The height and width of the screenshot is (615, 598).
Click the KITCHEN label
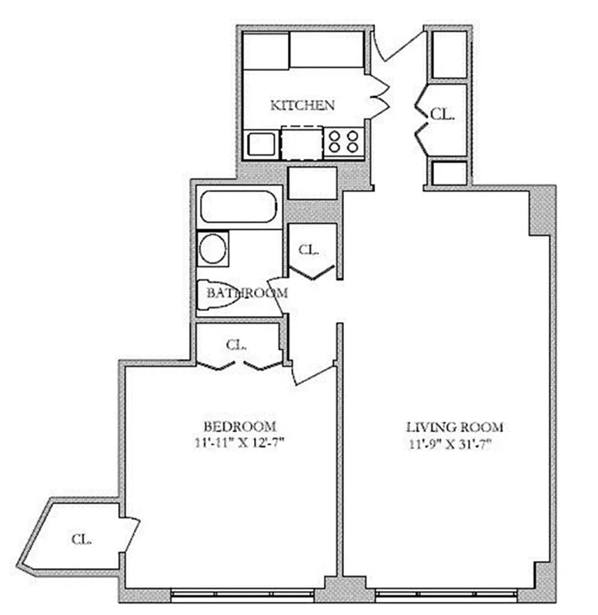(302, 105)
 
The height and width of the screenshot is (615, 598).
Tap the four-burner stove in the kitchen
(344, 142)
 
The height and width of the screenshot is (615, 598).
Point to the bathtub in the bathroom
(238, 205)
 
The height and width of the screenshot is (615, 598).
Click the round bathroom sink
(213, 249)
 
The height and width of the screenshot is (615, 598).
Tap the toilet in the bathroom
(218, 296)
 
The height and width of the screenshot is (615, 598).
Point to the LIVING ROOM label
(454, 427)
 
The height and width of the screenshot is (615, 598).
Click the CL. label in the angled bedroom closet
(82, 539)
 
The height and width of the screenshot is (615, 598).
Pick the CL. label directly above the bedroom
(236, 344)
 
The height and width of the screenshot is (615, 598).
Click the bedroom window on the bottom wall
(247, 593)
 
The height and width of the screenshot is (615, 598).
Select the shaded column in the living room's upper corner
(540, 212)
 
